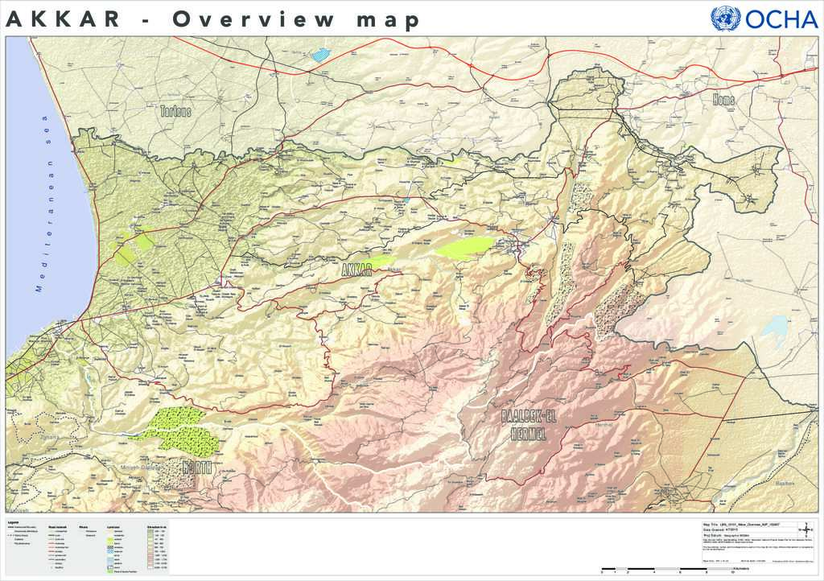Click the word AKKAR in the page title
62,20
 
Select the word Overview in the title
253,20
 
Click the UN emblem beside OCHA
725,19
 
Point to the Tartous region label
175,111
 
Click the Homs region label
723,99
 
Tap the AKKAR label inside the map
357,269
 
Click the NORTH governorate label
196,468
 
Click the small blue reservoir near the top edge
321,55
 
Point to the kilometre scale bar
668,570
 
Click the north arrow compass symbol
809,530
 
